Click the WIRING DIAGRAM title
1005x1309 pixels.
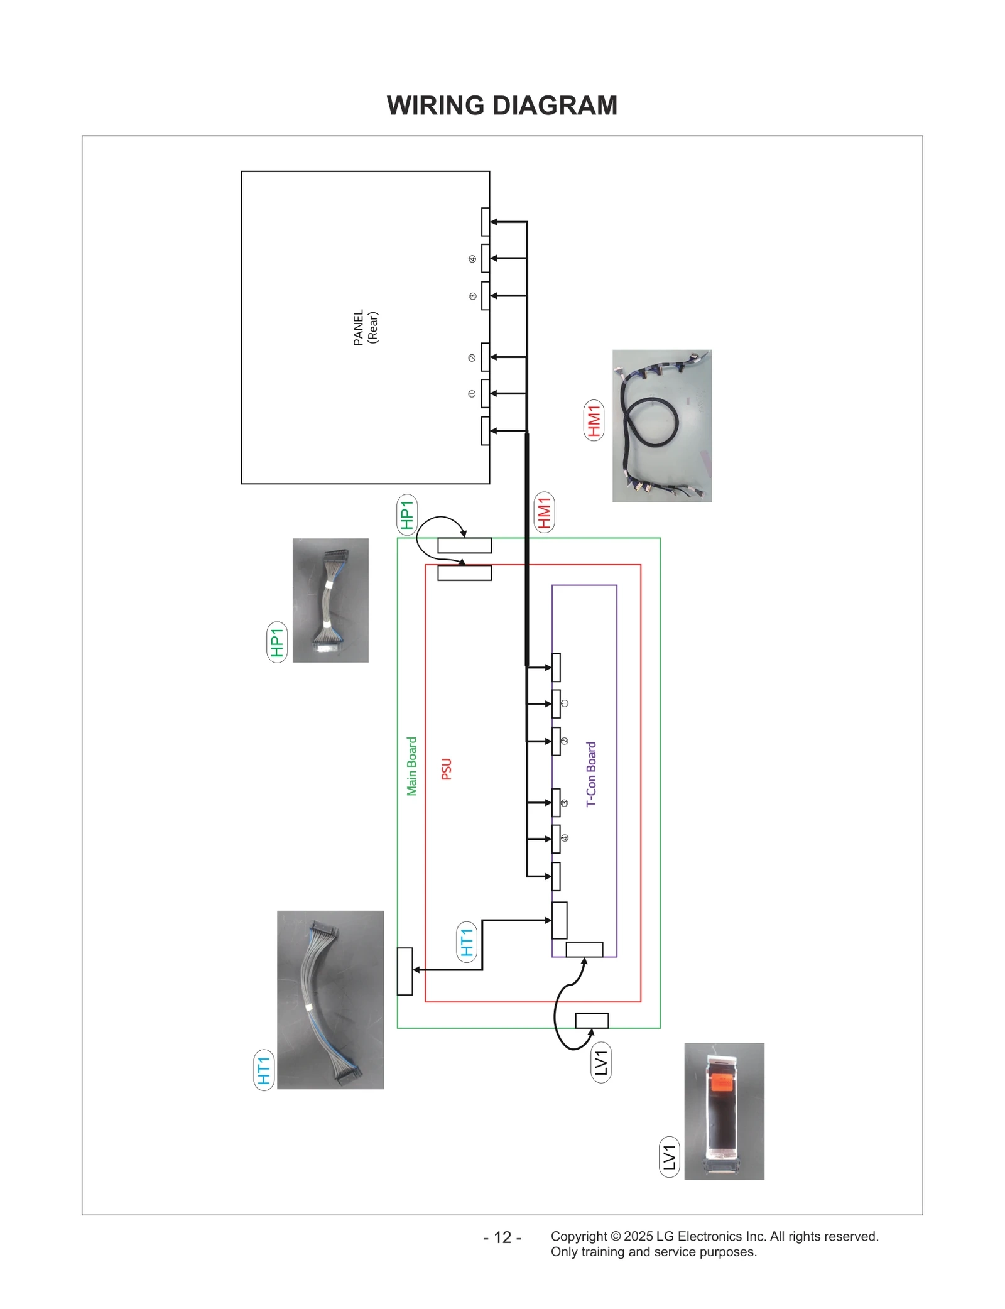pos(501,106)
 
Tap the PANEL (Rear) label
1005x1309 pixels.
pos(365,327)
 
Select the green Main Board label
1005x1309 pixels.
pos(411,766)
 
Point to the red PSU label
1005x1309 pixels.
pos(447,769)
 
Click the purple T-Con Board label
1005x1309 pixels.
pos(591,774)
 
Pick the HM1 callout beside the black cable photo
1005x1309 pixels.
pos(594,420)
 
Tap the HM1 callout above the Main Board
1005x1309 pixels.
pos(544,512)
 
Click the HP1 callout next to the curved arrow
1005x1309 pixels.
pos(407,515)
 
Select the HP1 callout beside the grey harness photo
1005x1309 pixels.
pos(277,642)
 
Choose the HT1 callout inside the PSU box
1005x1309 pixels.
pos(467,942)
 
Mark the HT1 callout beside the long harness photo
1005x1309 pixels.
pos(264,1070)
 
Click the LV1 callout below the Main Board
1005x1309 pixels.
pos(601,1062)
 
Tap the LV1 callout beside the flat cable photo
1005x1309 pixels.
pos(670,1156)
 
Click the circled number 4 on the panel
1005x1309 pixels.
pos(472,259)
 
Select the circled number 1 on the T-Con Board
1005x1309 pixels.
pos(564,703)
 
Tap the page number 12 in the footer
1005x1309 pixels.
pos(503,1237)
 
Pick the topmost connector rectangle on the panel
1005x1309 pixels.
pos(485,222)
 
